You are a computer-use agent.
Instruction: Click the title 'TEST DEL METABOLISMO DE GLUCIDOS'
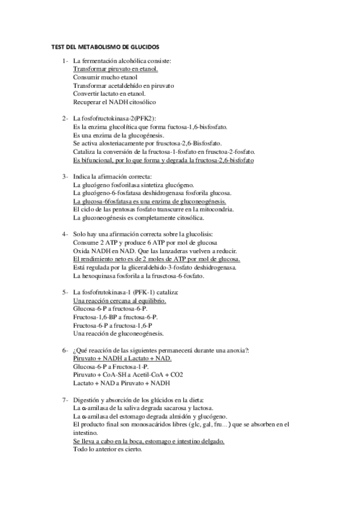coord(103,46)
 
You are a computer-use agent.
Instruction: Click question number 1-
coord(65,61)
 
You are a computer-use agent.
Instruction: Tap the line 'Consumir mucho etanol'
coord(105,78)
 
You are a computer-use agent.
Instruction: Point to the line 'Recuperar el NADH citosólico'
coord(114,102)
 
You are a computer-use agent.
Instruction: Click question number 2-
coord(65,118)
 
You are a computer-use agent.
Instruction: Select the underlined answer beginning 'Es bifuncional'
coord(163,161)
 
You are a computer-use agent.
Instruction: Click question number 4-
coord(65,234)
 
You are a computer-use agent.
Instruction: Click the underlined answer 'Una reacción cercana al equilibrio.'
coord(119,300)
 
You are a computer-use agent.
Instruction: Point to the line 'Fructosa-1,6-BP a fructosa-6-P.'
coord(115,316)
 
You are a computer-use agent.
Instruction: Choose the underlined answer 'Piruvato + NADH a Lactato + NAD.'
coord(121,358)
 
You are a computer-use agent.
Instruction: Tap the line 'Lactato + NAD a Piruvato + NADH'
coord(121,382)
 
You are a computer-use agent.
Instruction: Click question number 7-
coord(65,400)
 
